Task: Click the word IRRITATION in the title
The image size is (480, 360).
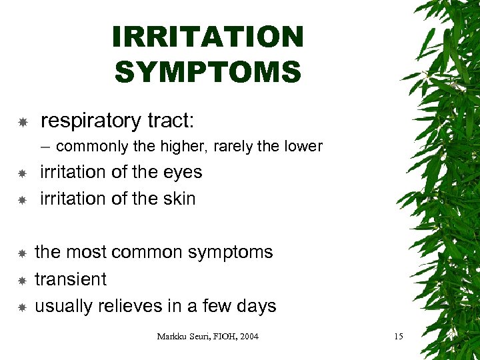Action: click(208, 37)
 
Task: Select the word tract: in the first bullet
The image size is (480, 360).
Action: click(170, 121)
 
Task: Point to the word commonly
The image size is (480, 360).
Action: click(87, 147)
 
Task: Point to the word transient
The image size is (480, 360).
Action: click(71, 279)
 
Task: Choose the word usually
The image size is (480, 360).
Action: click(65, 306)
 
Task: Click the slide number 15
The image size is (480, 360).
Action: click(398, 337)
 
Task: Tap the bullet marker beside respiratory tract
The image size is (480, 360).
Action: click(22, 123)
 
